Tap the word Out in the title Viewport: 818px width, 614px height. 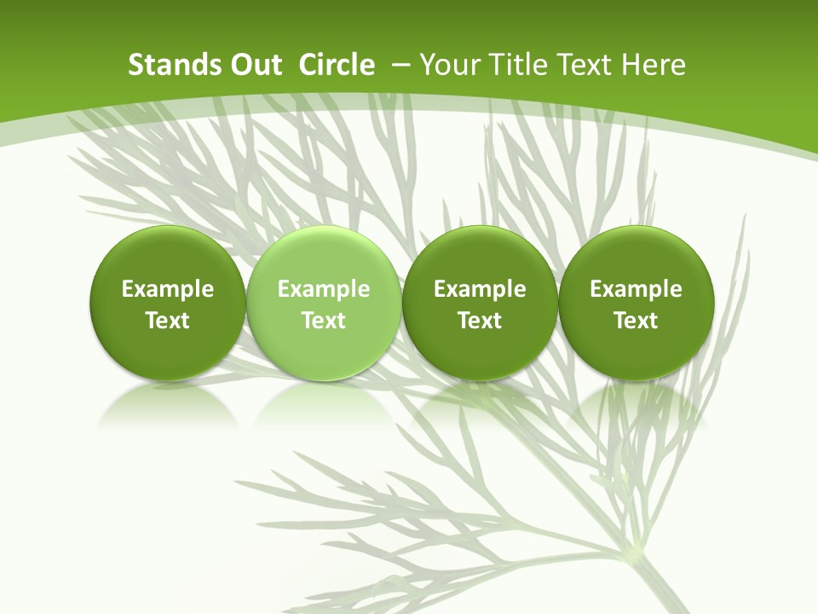255,65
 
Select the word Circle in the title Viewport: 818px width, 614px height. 337,65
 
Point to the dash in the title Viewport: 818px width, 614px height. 400,65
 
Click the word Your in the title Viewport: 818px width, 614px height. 447,65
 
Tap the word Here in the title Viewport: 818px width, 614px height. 654,65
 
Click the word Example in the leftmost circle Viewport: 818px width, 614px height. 167,289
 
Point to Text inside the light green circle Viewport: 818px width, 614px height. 323,321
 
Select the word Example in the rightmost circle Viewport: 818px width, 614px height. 636,289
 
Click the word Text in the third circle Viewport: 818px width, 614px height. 480,321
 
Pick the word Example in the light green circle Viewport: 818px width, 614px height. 323,289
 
